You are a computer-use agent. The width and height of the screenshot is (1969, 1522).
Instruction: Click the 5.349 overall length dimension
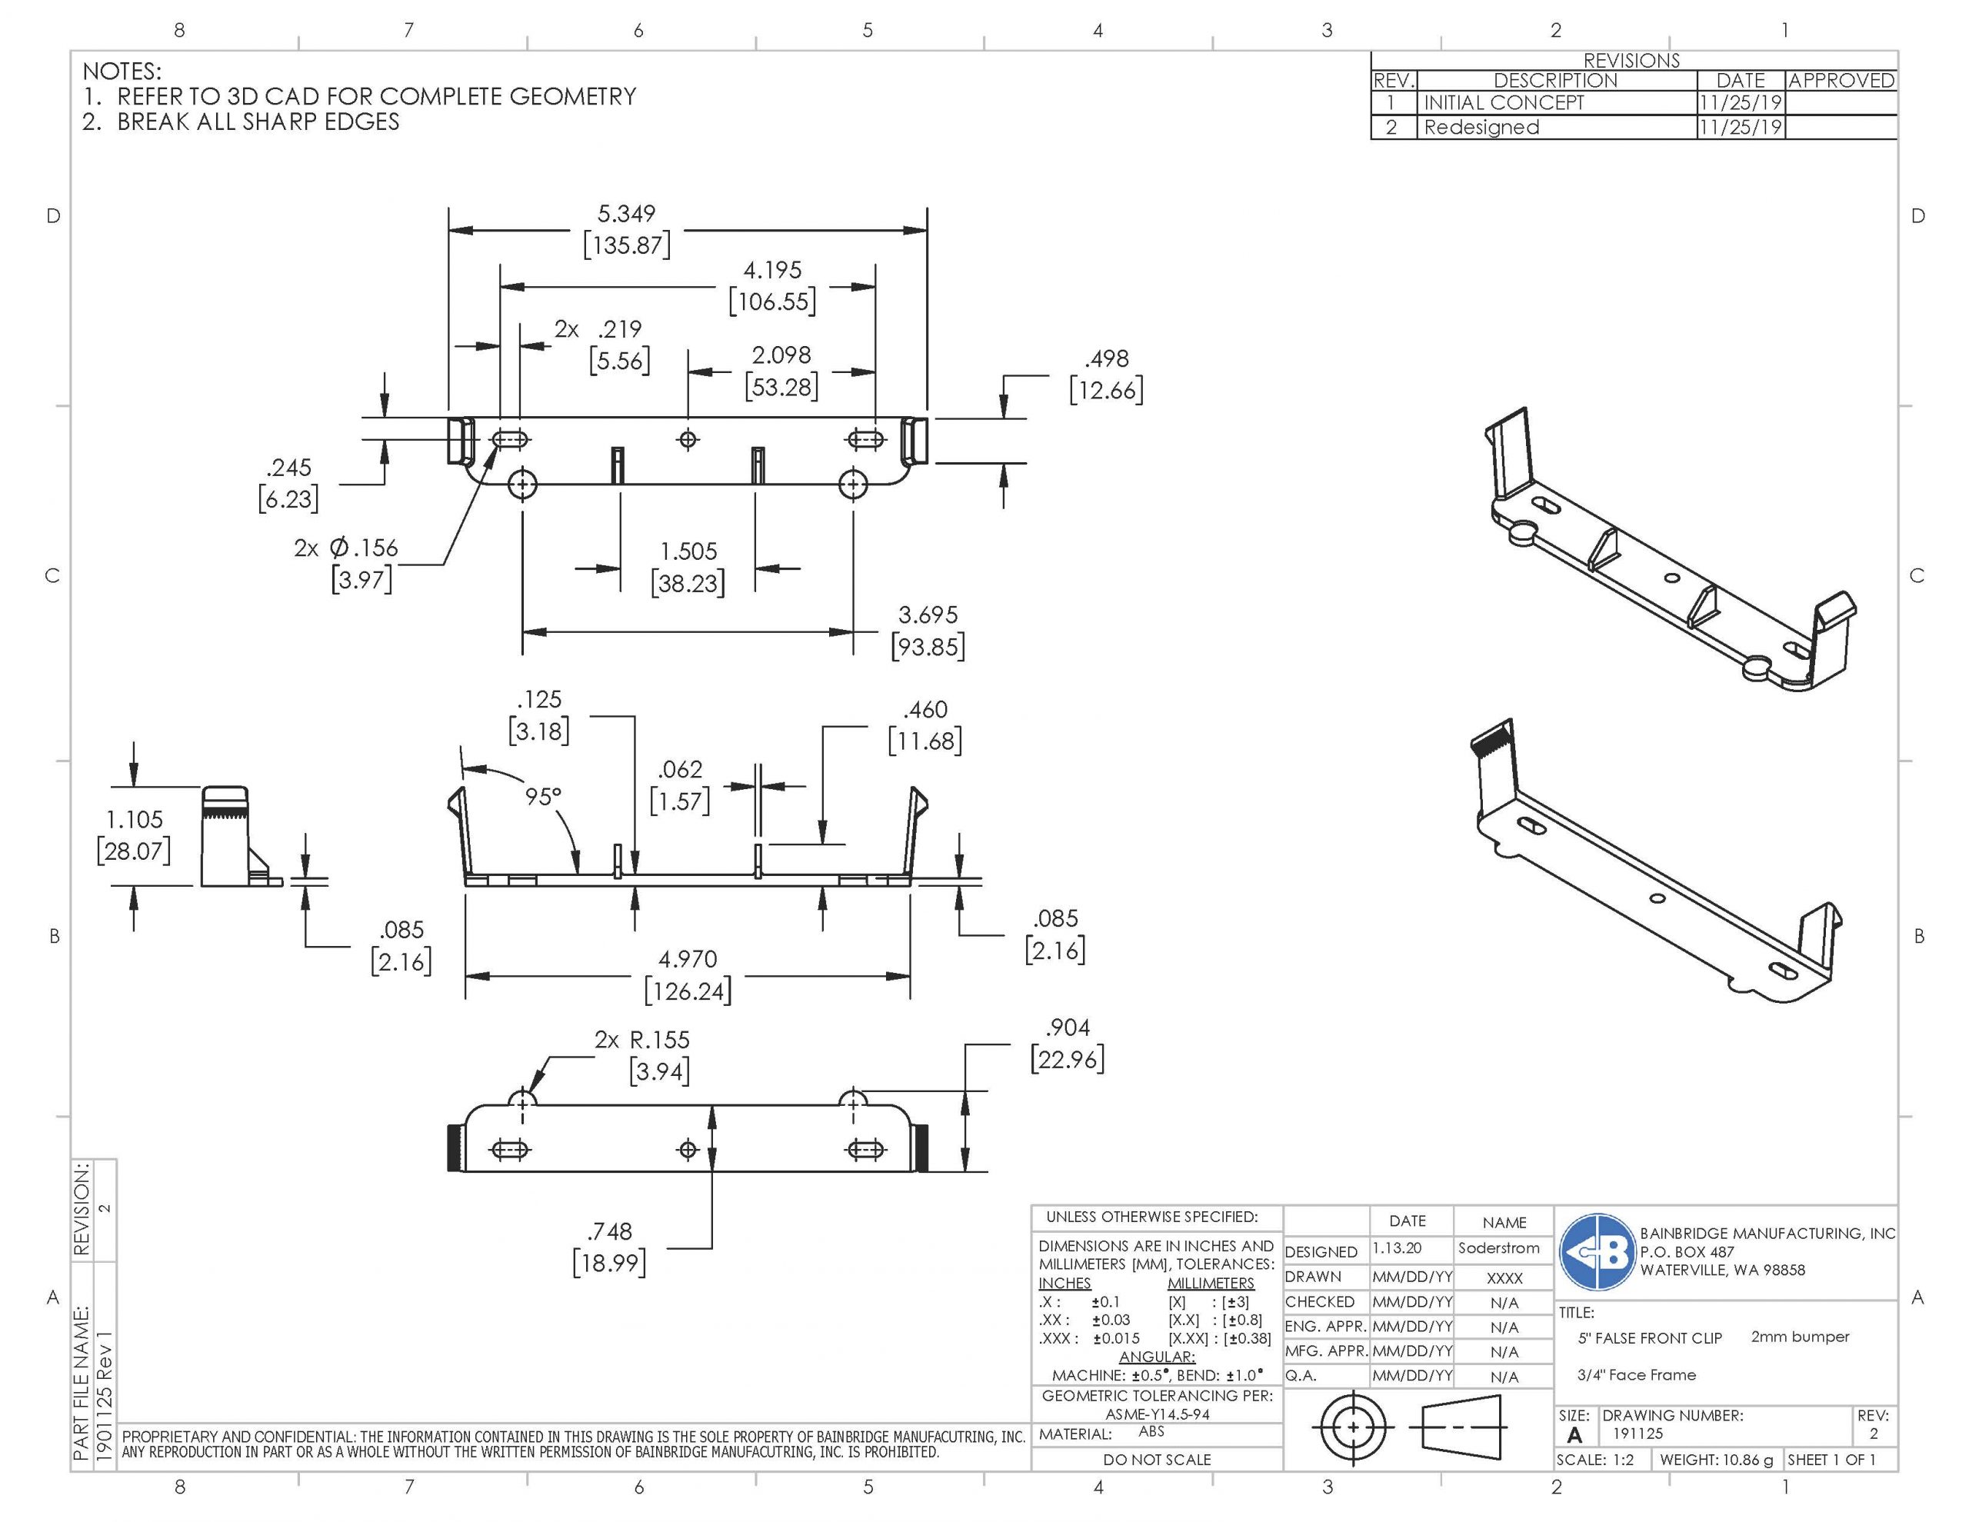[x=627, y=215]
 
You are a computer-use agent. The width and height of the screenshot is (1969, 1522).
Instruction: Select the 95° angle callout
[x=543, y=797]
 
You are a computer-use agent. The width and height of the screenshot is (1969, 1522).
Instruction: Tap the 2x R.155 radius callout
[x=642, y=1040]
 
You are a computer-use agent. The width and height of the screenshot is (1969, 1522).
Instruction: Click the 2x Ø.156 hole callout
[x=346, y=548]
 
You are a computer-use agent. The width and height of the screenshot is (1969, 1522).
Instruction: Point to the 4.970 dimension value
[x=688, y=959]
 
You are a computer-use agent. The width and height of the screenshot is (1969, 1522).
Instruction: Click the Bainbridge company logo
[x=1597, y=1252]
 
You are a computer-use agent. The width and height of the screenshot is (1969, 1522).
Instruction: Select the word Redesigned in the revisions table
[x=1481, y=127]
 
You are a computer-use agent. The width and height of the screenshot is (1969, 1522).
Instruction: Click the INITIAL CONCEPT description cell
[x=1503, y=103]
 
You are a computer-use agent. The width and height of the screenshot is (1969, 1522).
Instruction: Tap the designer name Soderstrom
[x=1498, y=1248]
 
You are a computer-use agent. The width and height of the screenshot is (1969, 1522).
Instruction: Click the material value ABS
[x=1151, y=1432]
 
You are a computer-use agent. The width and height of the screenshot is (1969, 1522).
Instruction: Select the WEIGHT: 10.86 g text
[x=1716, y=1460]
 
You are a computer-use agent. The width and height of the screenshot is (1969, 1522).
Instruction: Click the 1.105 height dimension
[x=135, y=820]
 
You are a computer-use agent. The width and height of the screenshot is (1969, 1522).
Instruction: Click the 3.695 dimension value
[x=928, y=615]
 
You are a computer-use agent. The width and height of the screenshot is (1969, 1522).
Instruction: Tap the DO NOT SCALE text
[x=1157, y=1460]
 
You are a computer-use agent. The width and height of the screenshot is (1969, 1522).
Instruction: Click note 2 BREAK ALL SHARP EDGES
[x=241, y=122]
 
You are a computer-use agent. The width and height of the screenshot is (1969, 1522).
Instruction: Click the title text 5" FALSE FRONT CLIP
[x=1649, y=1338]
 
